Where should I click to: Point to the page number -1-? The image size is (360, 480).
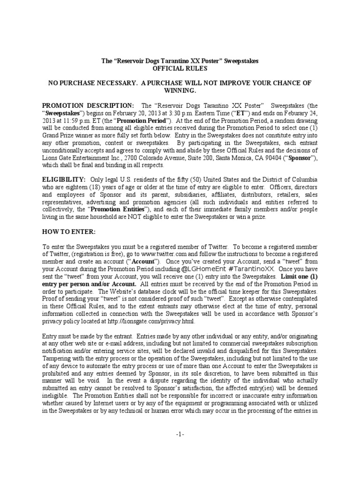[180, 435]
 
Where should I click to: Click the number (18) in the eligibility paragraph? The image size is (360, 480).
[93, 187]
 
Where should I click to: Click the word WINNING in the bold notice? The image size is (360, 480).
[180, 90]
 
